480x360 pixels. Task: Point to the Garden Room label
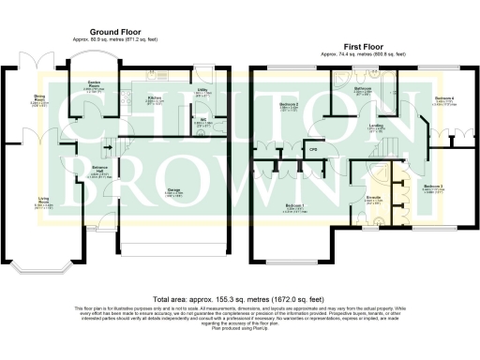click(95, 85)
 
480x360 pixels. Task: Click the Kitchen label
click(156, 97)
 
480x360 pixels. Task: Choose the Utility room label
click(202, 93)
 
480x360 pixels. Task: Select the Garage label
click(174, 191)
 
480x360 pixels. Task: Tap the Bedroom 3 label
click(433, 187)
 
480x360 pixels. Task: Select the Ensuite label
click(372, 198)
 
